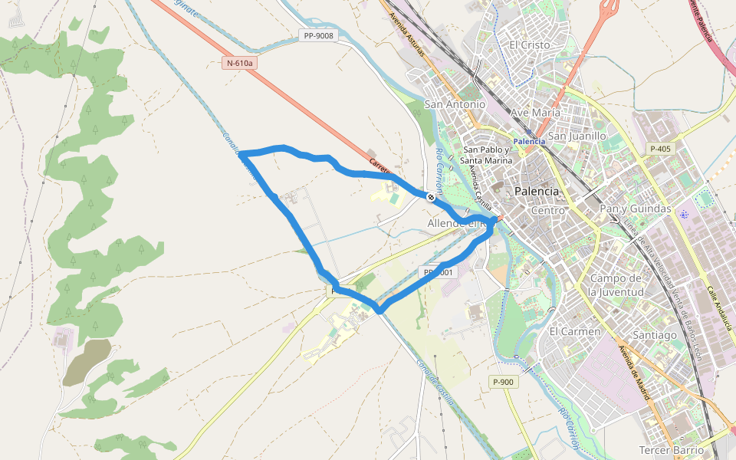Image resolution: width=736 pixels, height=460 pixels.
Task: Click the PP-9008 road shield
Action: pyautogui.click(x=318, y=36)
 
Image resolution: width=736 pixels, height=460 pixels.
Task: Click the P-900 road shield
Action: pyautogui.click(x=503, y=382)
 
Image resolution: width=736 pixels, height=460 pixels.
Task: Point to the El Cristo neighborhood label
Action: pyautogui.click(x=529, y=45)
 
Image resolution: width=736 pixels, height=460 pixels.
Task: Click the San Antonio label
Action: pyautogui.click(x=455, y=103)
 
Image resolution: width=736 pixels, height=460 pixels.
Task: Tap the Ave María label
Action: pyautogui.click(x=535, y=113)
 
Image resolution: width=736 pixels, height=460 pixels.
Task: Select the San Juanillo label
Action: pyautogui.click(x=577, y=136)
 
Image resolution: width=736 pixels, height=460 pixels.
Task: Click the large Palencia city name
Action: pyautogui.click(x=537, y=190)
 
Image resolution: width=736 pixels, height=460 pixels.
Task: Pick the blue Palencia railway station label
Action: pyautogui.click(x=529, y=141)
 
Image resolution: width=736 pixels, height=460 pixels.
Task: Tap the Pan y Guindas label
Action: pyautogui.click(x=635, y=209)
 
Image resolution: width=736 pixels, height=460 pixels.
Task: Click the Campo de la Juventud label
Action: pyautogui.click(x=616, y=284)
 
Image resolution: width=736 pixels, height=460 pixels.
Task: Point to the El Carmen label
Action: pyautogui.click(x=574, y=331)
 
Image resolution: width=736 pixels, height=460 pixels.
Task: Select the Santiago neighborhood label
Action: pyautogui.click(x=655, y=335)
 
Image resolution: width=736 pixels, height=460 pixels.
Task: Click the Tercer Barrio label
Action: pyautogui.click(x=671, y=449)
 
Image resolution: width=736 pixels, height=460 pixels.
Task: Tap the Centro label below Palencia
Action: pyautogui.click(x=547, y=210)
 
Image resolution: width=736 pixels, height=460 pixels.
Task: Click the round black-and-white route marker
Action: pyautogui.click(x=431, y=197)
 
